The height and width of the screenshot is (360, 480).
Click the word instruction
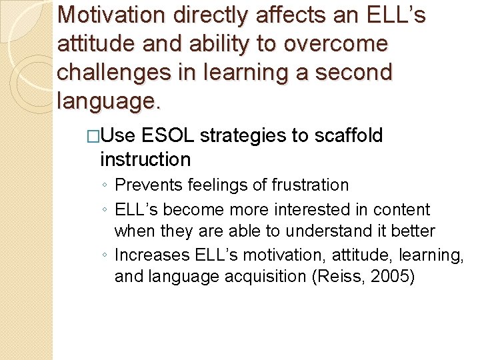click(145, 159)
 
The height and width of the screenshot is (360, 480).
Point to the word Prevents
click(147, 185)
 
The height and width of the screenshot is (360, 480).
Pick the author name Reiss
click(336, 277)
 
